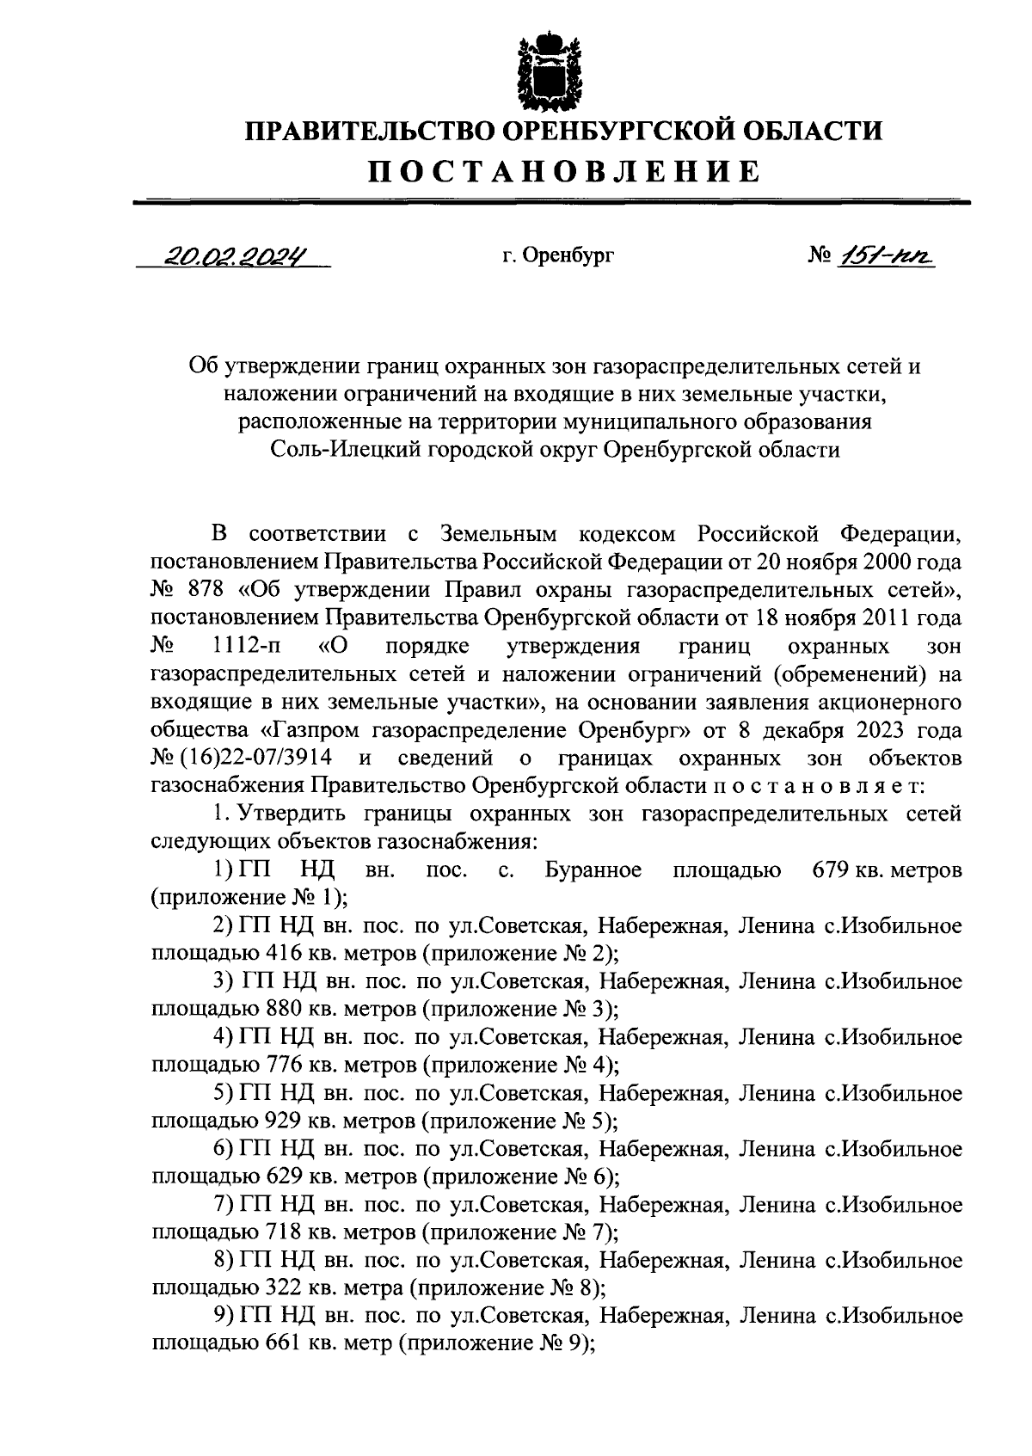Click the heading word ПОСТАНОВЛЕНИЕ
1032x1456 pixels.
565,171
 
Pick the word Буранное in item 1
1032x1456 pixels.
593,869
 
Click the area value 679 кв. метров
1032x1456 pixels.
886,869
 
